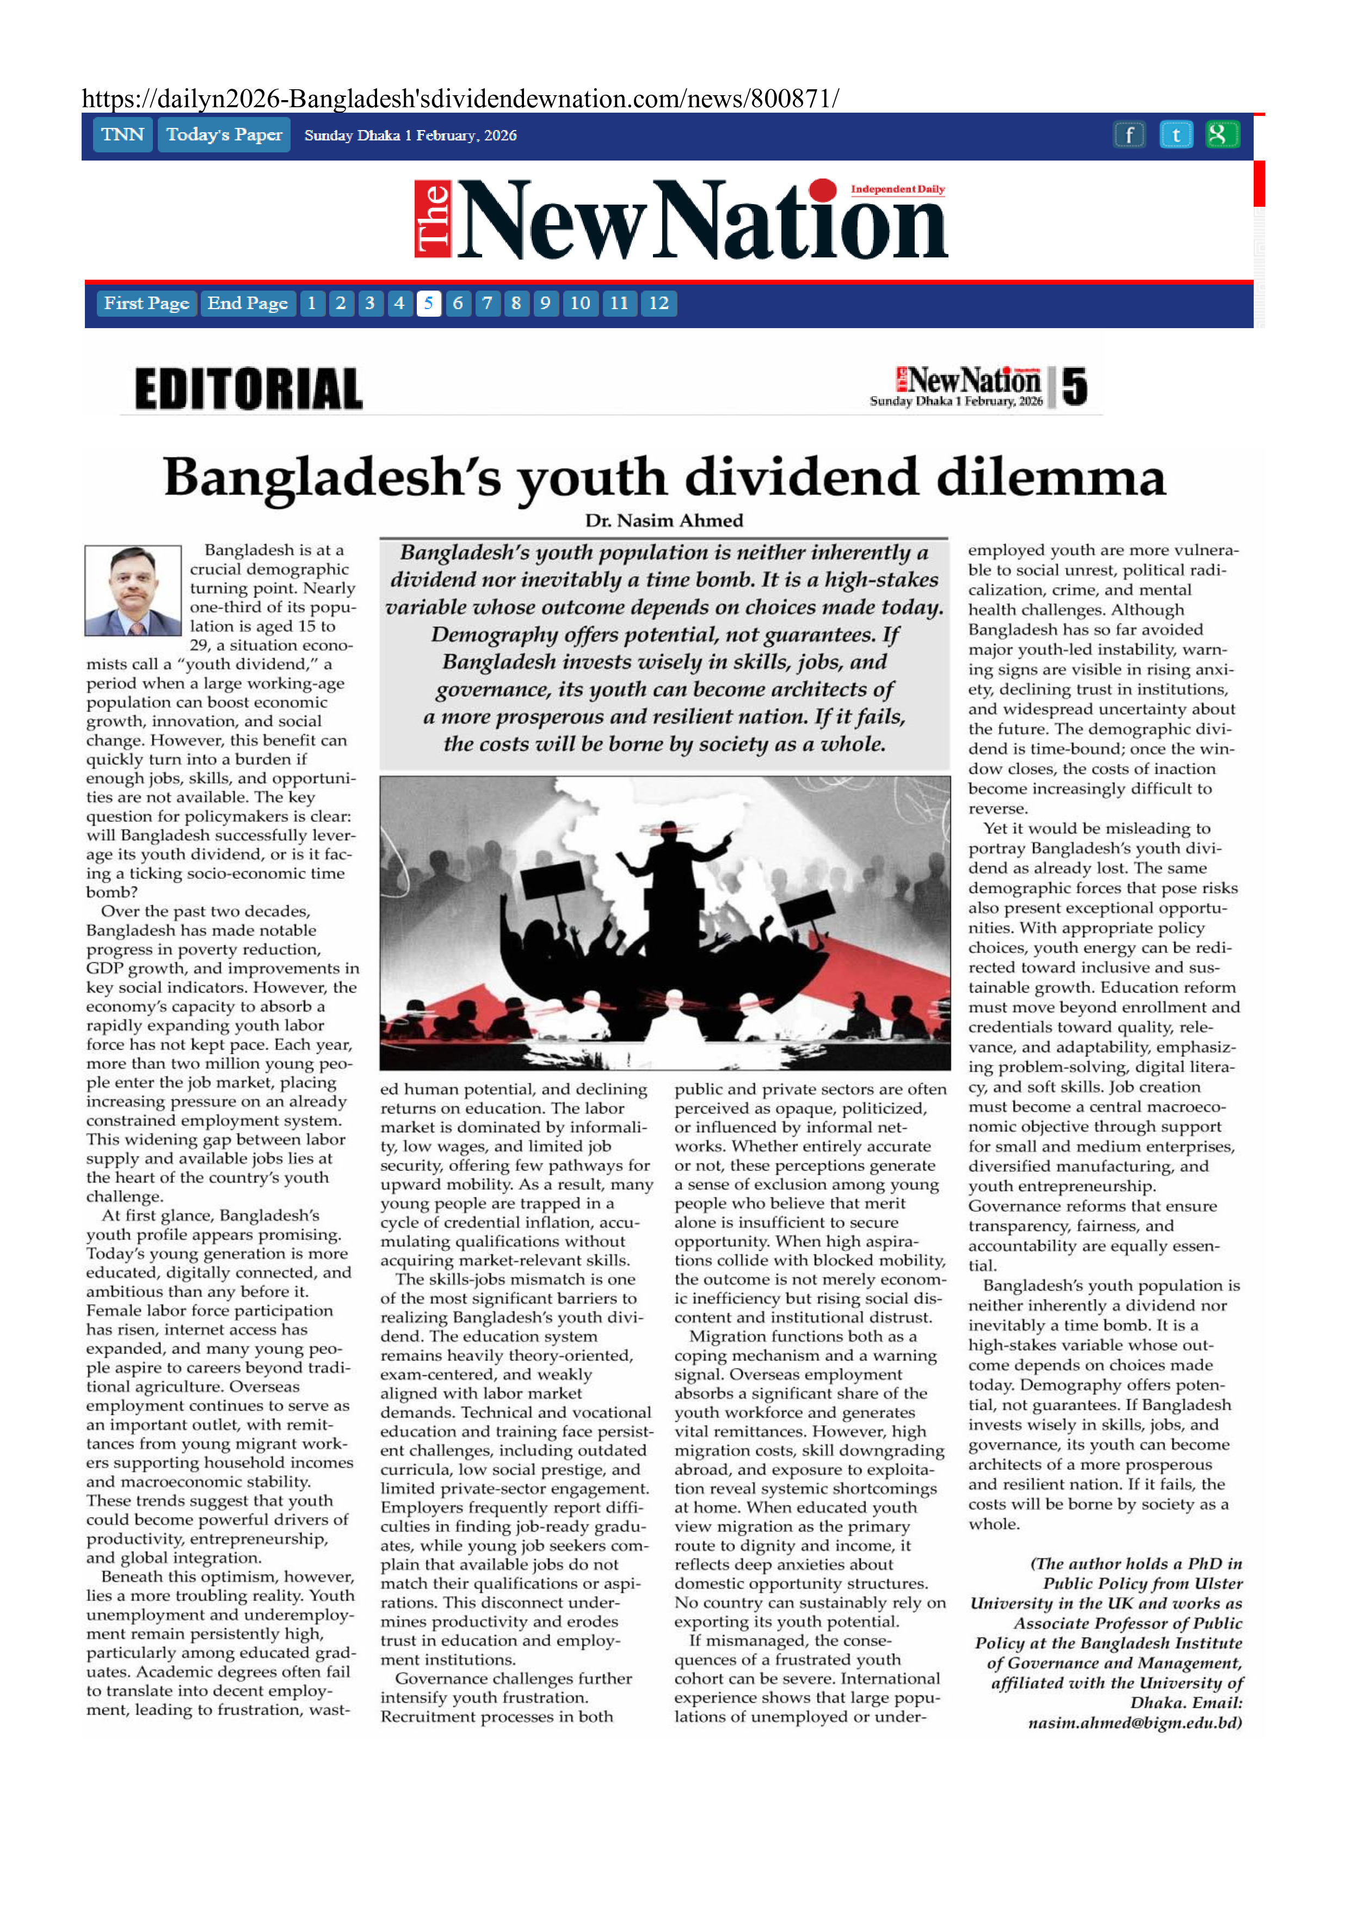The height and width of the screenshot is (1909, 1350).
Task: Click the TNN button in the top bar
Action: tap(122, 135)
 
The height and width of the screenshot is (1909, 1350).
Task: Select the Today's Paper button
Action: tap(224, 135)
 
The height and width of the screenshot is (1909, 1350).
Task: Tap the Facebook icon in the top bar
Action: tap(1129, 135)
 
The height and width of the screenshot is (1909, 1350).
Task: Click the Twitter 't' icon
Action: tap(1175, 135)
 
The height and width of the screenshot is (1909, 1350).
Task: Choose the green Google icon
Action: tap(1221, 135)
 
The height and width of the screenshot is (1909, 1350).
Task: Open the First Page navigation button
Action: tap(146, 304)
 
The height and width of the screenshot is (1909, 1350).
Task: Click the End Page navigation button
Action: tap(247, 304)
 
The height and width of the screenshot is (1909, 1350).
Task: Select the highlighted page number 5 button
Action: tap(428, 304)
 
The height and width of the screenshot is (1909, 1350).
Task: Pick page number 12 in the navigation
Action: tap(658, 304)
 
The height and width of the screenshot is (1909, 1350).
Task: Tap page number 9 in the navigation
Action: tap(545, 304)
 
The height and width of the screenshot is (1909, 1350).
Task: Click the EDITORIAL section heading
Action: tap(249, 389)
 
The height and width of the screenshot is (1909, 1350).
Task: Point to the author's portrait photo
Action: tap(133, 590)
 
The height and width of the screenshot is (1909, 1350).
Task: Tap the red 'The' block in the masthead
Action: tap(432, 219)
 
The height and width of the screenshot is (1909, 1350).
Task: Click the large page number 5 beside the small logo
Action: tap(1074, 386)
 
